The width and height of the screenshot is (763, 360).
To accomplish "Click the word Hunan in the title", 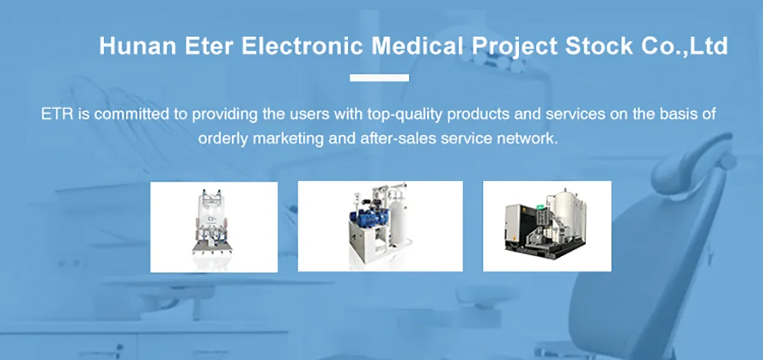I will pyautogui.click(x=134, y=47).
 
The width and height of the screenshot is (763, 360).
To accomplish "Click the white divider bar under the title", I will pyautogui.click(x=379, y=78).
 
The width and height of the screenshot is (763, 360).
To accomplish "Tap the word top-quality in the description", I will pyautogui.click(x=406, y=115).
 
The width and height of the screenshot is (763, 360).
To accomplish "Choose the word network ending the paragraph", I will pyautogui.click(x=533, y=140).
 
